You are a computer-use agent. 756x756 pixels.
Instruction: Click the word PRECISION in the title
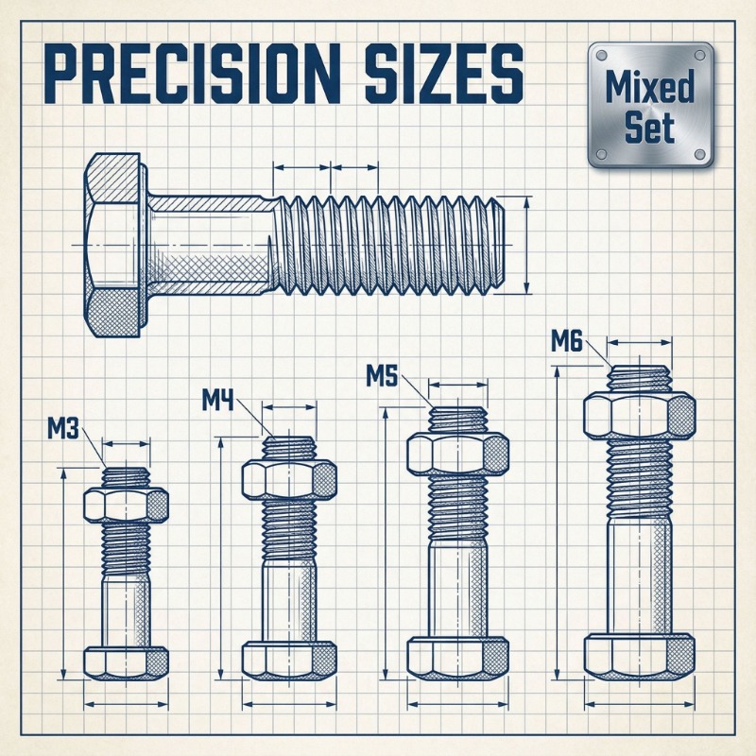[192, 73]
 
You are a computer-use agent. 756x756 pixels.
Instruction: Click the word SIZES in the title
[443, 73]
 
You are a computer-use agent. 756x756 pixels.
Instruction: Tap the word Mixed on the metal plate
[649, 87]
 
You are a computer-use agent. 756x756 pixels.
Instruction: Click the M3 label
[63, 429]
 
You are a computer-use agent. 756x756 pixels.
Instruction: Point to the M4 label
[217, 400]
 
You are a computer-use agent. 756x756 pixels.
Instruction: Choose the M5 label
[382, 376]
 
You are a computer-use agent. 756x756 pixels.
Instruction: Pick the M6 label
[567, 342]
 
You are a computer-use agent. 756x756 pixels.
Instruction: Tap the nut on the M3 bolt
[126, 505]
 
